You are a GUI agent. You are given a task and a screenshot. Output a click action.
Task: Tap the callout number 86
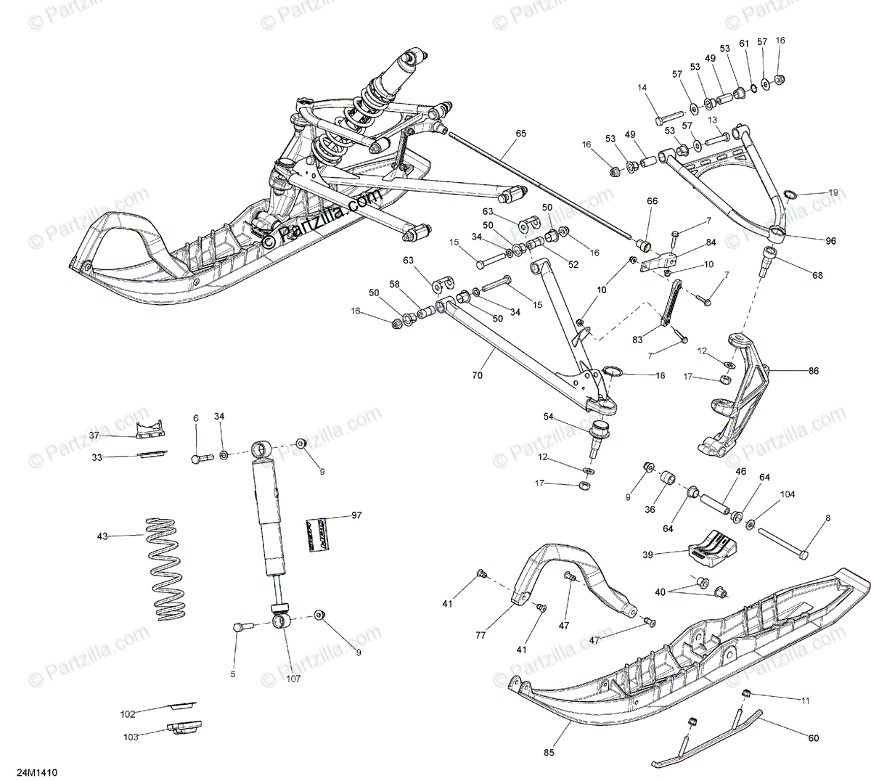pos(813,371)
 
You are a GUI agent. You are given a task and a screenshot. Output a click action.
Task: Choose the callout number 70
pos(477,376)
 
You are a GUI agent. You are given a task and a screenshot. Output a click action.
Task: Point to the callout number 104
pos(788,494)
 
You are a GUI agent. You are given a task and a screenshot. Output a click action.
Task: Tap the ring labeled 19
pos(795,196)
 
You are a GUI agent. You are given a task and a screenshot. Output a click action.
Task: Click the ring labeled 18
pos(612,373)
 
